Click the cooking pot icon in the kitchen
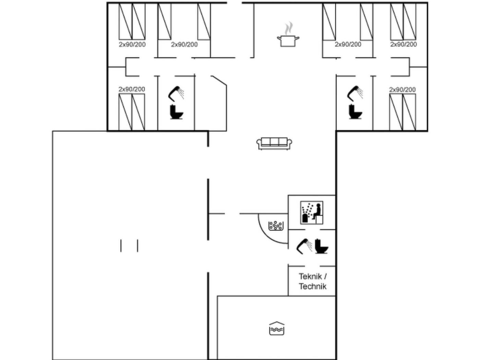(288, 41)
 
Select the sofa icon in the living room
(274, 144)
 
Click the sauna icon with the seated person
(312, 213)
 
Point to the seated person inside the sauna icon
(317, 211)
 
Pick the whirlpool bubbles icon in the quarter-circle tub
(276, 226)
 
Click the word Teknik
(310, 276)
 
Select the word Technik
(313, 286)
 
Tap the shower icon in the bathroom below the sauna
(304, 246)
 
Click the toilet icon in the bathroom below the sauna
(322, 246)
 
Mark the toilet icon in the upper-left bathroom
(177, 112)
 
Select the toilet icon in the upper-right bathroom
(356, 112)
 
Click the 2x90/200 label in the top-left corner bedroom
(132, 45)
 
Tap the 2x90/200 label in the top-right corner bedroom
(404, 44)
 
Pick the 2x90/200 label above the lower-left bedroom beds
(132, 89)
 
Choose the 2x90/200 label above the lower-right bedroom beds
(403, 89)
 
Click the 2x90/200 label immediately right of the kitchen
(348, 44)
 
